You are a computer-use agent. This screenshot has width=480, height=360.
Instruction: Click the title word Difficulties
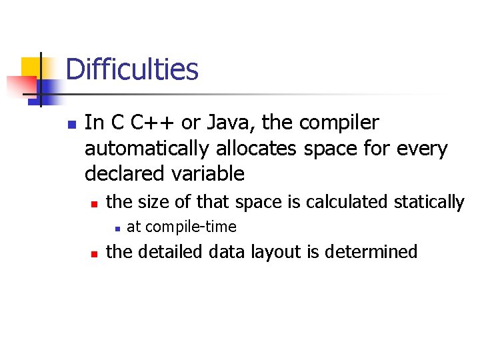(x=132, y=69)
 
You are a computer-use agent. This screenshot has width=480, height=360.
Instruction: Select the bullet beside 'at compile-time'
(x=116, y=228)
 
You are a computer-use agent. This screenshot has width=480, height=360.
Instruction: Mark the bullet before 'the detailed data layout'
(x=94, y=253)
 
